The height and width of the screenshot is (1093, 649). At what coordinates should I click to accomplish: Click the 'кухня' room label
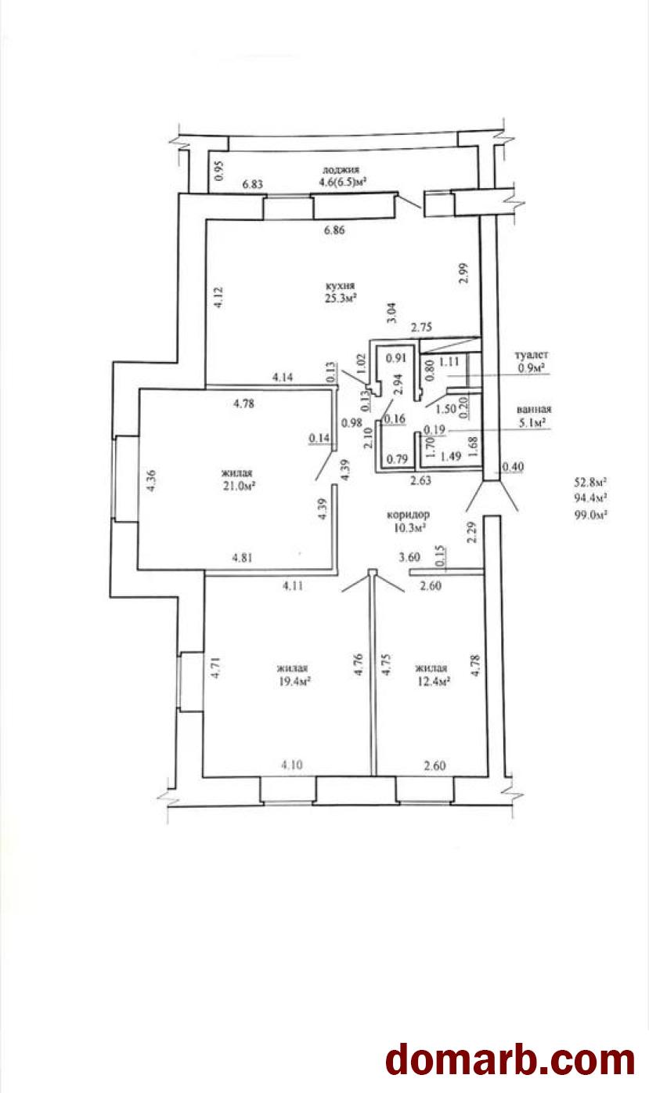tap(341, 286)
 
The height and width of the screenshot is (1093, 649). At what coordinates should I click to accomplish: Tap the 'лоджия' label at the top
tap(341, 170)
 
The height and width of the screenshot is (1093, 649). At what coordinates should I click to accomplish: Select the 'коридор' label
tap(408, 514)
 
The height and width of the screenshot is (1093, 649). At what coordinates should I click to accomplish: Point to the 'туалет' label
tap(532, 355)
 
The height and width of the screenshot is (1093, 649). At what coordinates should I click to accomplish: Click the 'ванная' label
tap(534, 410)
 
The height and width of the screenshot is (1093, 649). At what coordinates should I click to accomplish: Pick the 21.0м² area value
tap(240, 486)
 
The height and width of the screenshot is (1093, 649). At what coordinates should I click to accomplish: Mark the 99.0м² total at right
tap(591, 515)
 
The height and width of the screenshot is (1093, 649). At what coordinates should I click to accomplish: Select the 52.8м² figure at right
tap(590, 482)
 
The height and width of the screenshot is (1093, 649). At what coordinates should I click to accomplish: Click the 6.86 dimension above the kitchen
tap(334, 230)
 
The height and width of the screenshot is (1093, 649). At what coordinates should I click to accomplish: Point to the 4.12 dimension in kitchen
tap(218, 297)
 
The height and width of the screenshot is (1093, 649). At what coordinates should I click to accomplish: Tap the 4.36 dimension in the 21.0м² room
tap(151, 480)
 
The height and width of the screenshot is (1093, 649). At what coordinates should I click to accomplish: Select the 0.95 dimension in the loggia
tap(219, 171)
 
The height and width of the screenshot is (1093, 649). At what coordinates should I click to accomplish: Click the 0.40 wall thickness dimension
tap(513, 468)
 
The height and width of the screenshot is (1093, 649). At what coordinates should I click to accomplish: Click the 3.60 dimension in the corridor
tap(409, 557)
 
